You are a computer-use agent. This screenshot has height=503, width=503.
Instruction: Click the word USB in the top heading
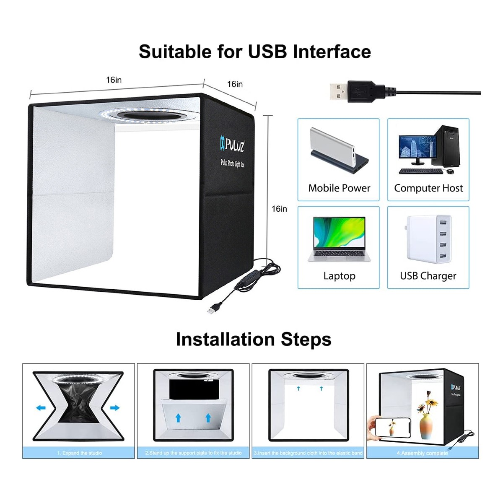pyautogui.click(x=267, y=52)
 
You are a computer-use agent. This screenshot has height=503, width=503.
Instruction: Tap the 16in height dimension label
pyautogui.click(x=279, y=209)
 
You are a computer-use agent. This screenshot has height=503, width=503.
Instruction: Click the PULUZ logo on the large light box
pyautogui.click(x=232, y=145)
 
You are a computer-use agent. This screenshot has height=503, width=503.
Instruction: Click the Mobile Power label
pyautogui.click(x=339, y=188)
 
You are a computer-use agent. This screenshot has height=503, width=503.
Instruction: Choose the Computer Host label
pyautogui.click(x=428, y=188)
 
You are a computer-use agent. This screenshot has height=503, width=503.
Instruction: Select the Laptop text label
pyautogui.click(x=339, y=276)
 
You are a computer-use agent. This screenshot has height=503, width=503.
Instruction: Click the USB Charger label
pyautogui.click(x=428, y=276)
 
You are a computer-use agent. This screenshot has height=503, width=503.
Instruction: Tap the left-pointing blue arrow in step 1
pyautogui.click(x=41, y=407)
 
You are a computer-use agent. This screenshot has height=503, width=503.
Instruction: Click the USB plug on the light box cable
pyautogui.click(x=211, y=310)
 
